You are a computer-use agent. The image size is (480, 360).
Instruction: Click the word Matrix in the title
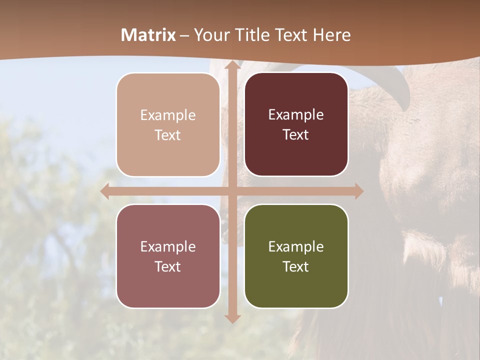(148, 35)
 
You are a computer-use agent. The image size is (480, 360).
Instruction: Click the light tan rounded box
(168, 124)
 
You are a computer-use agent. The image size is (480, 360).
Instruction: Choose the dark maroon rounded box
(296, 124)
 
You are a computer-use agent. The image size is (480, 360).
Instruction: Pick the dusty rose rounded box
(168, 256)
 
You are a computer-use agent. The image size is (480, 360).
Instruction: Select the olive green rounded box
(296, 256)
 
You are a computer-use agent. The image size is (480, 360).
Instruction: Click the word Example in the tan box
(168, 115)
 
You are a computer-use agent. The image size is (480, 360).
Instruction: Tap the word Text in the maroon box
(296, 135)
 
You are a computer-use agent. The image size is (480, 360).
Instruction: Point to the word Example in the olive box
(296, 246)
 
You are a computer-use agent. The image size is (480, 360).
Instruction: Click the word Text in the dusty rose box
(168, 266)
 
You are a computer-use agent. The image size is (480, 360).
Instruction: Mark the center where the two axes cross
(232, 191)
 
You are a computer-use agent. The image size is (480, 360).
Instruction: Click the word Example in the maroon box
(296, 115)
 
